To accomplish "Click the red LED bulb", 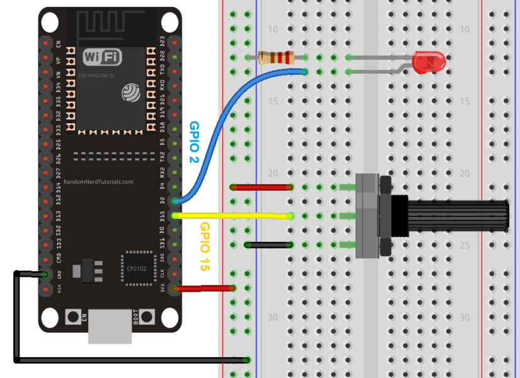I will click(430, 62).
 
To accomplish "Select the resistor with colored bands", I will click(277, 58).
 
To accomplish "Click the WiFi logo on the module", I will click(102, 57).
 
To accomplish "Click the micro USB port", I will click(111, 327).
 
